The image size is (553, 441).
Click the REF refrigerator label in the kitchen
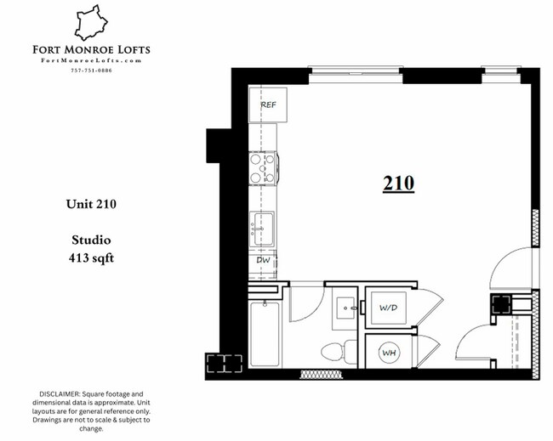(268, 105)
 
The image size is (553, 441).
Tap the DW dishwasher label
(264, 260)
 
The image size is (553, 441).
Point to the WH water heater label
(388, 352)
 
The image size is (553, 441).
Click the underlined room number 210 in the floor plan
(397, 183)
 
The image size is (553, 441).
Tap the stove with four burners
(262, 168)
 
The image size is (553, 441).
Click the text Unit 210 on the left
(90, 204)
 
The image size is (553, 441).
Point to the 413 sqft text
(90, 256)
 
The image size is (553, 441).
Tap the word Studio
(90, 240)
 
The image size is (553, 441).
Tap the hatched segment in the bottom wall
(319, 373)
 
